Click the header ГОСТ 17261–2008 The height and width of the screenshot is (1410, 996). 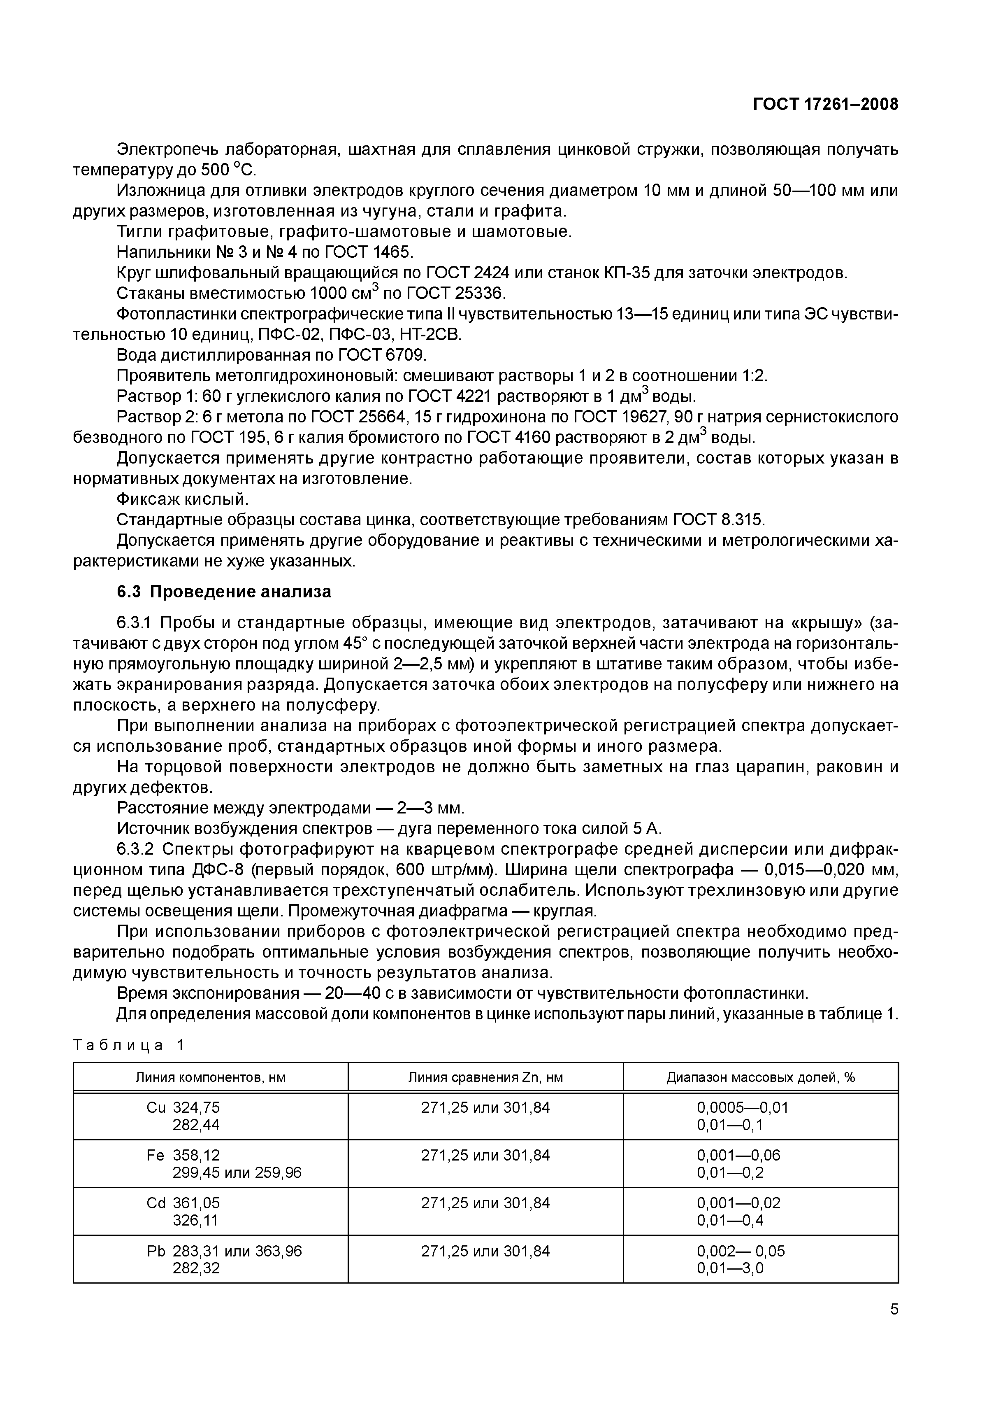click(x=825, y=105)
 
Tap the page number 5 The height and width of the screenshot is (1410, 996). click(x=894, y=1326)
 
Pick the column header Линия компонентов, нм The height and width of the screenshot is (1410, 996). click(x=211, y=1077)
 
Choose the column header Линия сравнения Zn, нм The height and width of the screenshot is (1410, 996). click(x=485, y=1077)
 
